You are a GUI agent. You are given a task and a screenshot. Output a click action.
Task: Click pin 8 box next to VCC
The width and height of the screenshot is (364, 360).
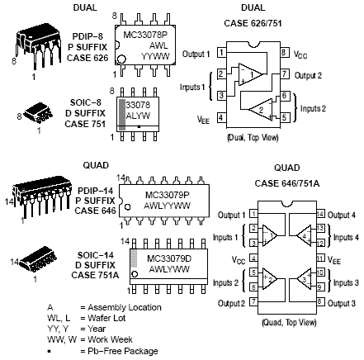283,53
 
